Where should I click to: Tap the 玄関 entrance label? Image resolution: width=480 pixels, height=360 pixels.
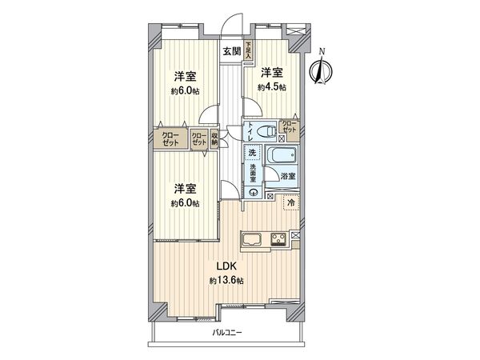[x=231, y=51]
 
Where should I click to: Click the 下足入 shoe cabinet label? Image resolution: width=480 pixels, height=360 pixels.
[x=248, y=51]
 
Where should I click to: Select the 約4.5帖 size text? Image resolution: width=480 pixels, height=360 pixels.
[x=273, y=87]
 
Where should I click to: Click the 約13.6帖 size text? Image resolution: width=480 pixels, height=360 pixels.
[x=226, y=280]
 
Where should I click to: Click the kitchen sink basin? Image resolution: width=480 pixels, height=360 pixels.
[x=247, y=238]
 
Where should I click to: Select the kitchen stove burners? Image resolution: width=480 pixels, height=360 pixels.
[x=279, y=238]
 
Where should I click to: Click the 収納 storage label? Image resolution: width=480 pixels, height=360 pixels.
[x=215, y=138]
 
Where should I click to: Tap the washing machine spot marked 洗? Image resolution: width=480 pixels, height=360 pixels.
[x=252, y=152]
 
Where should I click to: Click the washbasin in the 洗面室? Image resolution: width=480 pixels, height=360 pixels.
[x=252, y=190]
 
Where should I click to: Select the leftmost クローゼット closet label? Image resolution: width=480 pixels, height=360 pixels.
[x=170, y=138]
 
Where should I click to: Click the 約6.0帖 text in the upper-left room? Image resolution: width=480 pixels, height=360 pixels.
[x=186, y=90]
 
